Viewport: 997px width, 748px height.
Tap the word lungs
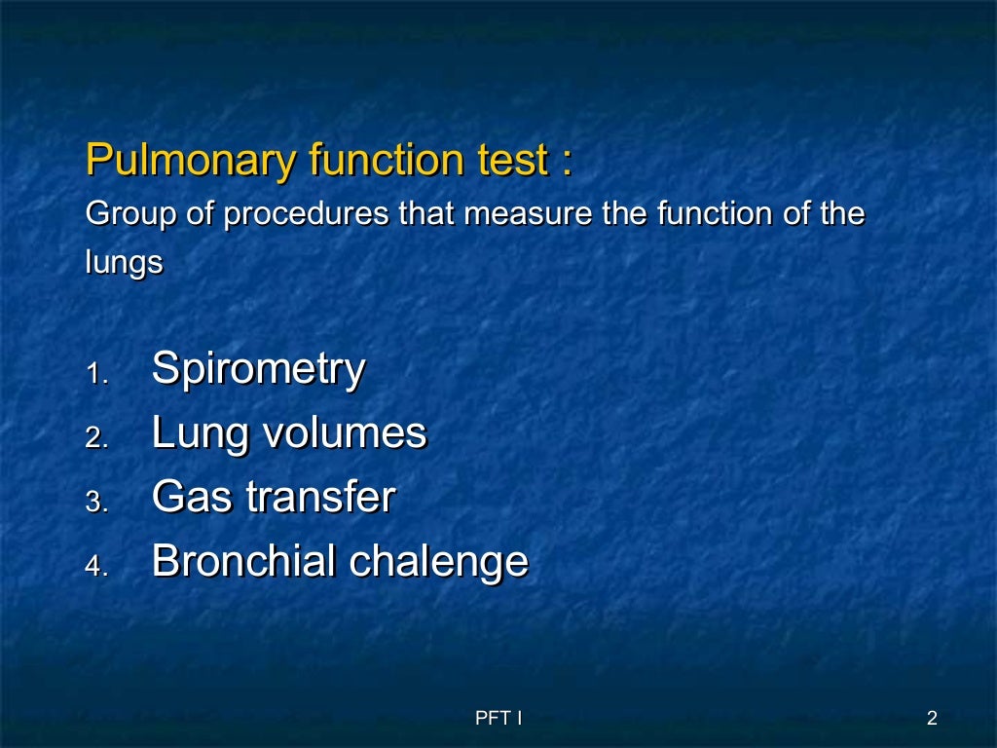coord(124,265)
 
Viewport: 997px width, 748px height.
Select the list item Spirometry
coord(258,369)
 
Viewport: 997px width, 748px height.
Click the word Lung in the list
coord(195,433)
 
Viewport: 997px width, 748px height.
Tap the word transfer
coord(320,498)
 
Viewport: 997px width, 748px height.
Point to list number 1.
coord(97,374)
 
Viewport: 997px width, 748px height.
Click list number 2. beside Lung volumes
coord(97,438)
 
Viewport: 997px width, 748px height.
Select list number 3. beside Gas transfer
coord(97,503)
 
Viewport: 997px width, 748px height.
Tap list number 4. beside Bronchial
coord(97,567)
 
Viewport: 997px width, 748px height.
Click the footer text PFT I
coord(498,719)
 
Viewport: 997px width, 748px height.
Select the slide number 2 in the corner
coord(932,719)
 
